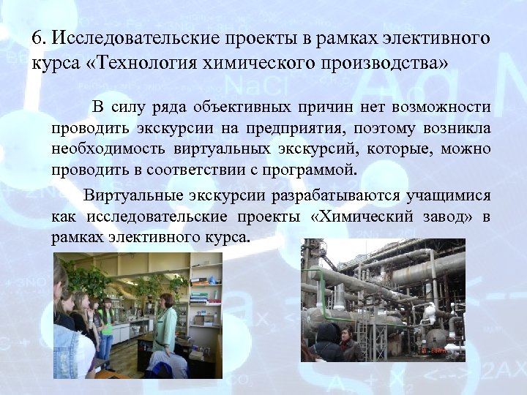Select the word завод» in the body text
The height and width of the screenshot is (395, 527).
pos(446,217)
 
